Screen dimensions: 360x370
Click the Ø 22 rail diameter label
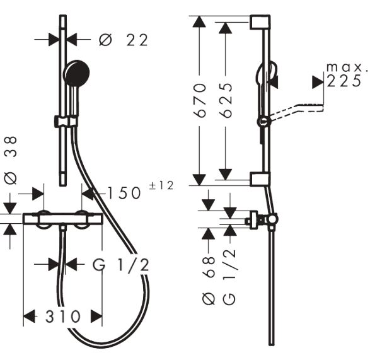(124, 40)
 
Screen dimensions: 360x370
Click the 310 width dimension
(62, 316)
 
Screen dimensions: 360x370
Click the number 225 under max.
(345, 81)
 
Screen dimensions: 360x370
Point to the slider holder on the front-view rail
(66, 120)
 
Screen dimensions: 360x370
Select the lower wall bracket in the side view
(260, 179)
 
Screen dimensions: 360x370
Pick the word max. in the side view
(345, 67)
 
